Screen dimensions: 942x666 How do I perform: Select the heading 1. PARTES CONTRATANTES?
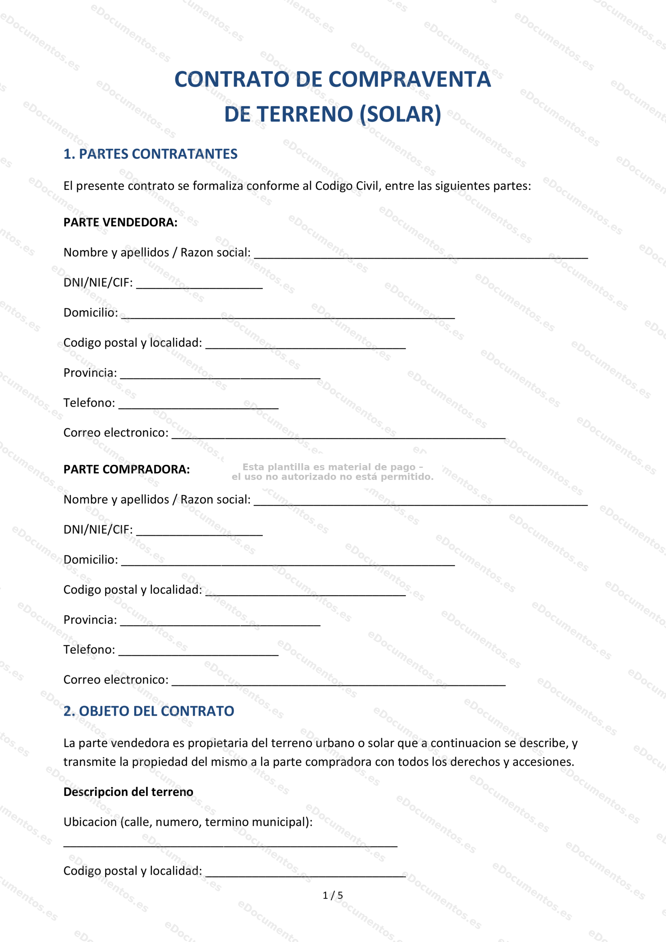[x=150, y=154]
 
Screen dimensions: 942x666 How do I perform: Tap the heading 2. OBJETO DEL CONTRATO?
[x=149, y=711]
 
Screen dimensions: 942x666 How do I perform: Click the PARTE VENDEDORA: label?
[x=120, y=222]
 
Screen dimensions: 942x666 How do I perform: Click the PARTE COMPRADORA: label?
[x=126, y=470]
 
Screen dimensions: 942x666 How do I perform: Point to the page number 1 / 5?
[x=332, y=895]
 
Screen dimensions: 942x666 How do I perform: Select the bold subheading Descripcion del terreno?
[x=128, y=792]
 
